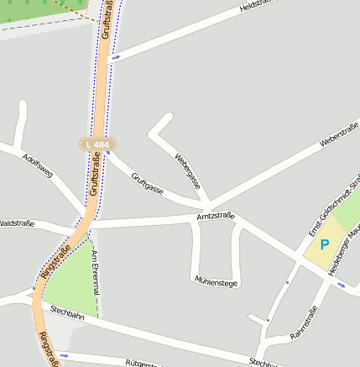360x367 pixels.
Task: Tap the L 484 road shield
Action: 97,144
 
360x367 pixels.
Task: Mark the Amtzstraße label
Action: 215,217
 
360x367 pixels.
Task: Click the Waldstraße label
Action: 17,223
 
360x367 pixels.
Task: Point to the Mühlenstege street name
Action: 216,281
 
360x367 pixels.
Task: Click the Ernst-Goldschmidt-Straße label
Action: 331,207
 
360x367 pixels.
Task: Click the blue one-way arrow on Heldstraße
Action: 115,57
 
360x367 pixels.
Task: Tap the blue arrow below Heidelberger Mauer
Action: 341,285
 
